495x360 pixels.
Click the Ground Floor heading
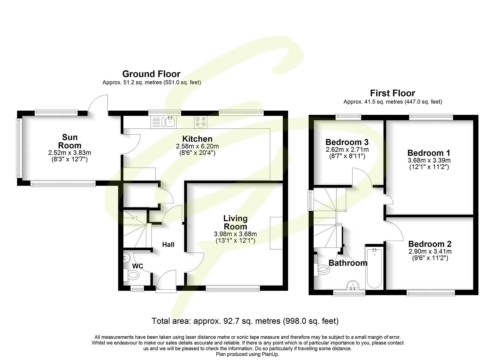click(x=151, y=74)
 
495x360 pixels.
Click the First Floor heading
click(x=392, y=93)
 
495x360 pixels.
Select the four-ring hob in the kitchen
click(x=200, y=122)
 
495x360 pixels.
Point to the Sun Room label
click(x=70, y=141)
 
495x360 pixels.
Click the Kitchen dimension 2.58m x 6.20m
click(x=197, y=146)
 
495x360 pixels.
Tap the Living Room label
click(x=235, y=222)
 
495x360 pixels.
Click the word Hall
click(x=168, y=245)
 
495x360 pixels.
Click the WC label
click(x=138, y=266)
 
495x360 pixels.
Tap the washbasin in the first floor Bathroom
click(x=352, y=286)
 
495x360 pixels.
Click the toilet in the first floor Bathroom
click(x=322, y=269)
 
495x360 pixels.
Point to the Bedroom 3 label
click(x=347, y=142)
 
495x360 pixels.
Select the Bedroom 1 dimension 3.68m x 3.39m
click(x=429, y=160)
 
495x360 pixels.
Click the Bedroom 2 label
click(x=430, y=244)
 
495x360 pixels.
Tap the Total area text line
click(x=245, y=321)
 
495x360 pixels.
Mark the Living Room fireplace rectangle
click(x=276, y=233)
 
